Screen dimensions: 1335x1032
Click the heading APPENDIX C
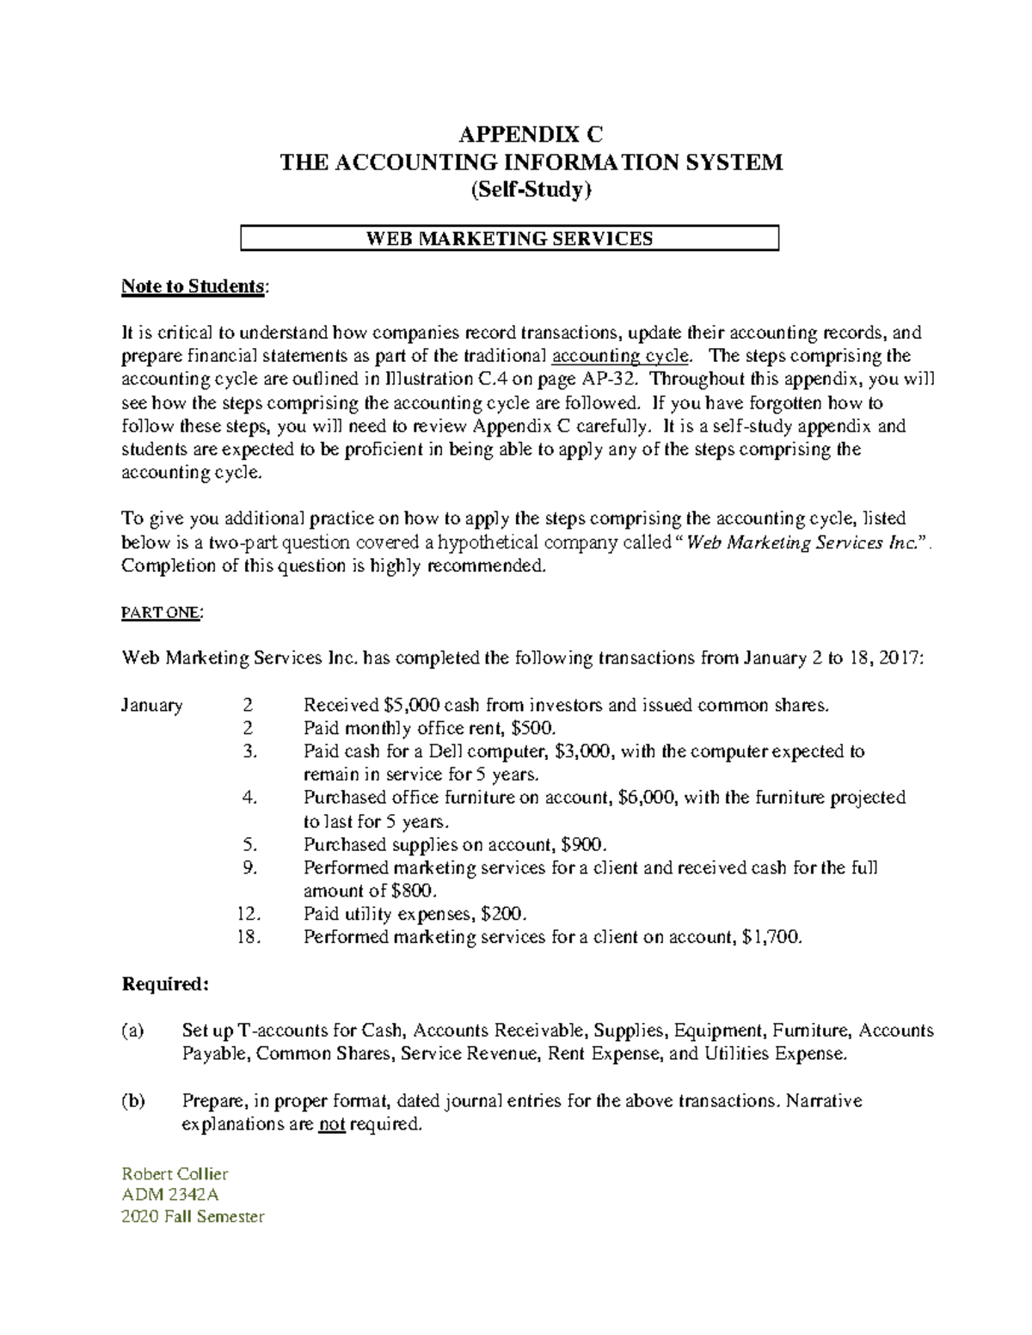click(531, 135)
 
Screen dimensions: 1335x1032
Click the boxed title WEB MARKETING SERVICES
click(509, 238)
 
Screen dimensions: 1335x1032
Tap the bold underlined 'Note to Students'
click(193, 286)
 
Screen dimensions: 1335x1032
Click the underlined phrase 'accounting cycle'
click(619, 356)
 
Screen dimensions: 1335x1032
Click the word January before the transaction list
click(151, 706)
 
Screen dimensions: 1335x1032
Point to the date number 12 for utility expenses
click(247, 914)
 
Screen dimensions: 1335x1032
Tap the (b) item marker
click(133, 1101)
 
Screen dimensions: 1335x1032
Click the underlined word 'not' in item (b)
click(331, 1124)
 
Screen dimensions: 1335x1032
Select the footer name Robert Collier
click(175, 1174)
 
